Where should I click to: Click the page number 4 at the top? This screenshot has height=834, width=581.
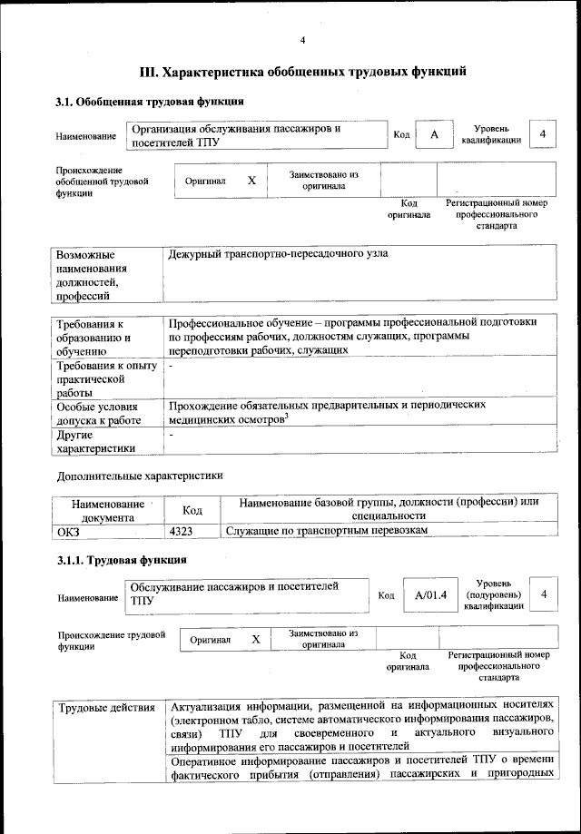coord(302,40)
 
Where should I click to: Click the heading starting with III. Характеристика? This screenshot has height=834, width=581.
coord(302,70)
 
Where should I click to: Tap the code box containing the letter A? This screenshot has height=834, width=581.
coord(434,135)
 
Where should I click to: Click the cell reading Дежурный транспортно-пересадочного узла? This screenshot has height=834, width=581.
coord(278,253)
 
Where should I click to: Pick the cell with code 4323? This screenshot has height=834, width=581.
coord(181,530)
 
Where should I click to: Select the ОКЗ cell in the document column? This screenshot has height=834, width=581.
coord(68,530)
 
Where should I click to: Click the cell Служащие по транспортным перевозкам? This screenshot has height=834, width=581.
coord(326,530)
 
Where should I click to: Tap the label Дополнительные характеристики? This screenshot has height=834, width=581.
coord(139,475)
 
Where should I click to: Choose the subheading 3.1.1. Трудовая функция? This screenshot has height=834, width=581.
coord(122,559)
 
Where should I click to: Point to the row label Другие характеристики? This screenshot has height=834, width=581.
coord(95,441)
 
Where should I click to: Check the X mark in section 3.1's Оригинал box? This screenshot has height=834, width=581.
coord(252,181)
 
